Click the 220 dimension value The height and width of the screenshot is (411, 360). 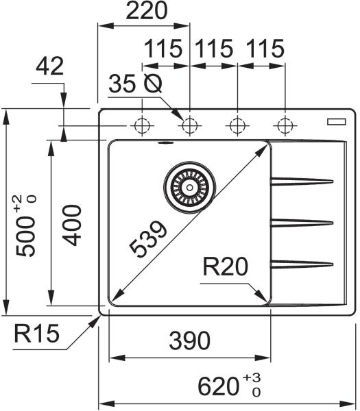point(147,10)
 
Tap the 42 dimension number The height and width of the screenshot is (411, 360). point(49,66)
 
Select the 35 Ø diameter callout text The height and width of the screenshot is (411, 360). point(135,84)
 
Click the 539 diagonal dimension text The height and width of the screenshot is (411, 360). point(148,238)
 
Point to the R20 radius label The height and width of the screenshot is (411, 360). point(226,266)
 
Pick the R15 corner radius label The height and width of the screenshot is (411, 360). point(37,334)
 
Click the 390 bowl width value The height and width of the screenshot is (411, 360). point(190,340)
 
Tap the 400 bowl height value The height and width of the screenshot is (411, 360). point(72,225)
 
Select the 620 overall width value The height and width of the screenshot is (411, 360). point(218,386)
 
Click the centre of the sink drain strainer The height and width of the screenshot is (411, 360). point(189,187)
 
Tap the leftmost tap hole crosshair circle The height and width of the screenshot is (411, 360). point(142,125)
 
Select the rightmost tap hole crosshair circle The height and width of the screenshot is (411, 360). point(285,125)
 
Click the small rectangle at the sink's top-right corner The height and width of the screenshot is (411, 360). point(337,122)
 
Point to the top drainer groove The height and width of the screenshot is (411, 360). point(302,181)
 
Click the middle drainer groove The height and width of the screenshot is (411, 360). point(302,223)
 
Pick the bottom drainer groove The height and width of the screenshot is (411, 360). point(302,264)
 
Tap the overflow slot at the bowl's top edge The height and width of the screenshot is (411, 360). point(165,143)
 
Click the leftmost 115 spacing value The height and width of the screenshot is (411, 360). point(163,49)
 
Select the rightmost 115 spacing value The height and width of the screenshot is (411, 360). point(265,49)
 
